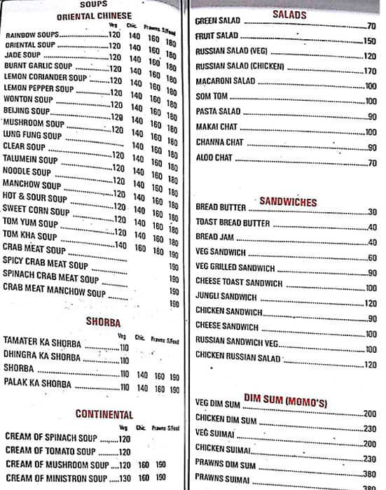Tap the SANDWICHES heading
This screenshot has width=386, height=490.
[x=288, y=202]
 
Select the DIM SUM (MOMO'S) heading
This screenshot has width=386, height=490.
[x=285, y=399]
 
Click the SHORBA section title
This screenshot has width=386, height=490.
[x=103, y=323]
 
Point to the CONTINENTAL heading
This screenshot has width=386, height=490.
[x=104, y=414]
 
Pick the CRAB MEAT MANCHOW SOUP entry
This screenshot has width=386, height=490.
[x=54, y=293]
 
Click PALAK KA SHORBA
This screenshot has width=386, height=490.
[x=37, y=384]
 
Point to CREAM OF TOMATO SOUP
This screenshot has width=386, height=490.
[x=50, y=451]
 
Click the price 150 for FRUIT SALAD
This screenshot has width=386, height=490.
[x=370, y=41]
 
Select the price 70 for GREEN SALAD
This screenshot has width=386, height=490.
[x=371, y=25]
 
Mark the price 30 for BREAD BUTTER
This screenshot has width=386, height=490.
[x=372, y=212]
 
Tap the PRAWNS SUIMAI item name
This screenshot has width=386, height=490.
[x=222, y=479]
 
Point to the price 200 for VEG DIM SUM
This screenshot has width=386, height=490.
[x=370, y=414]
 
